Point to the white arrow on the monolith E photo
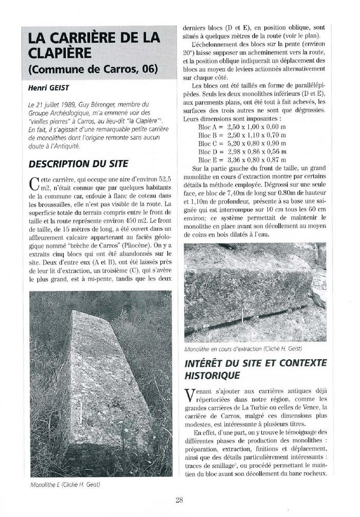(80, 412)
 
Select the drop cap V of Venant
(189, 395)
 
